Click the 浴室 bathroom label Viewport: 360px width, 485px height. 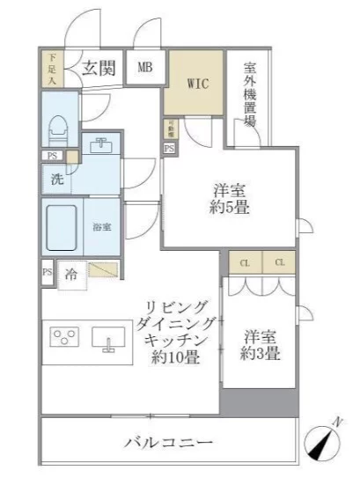102,226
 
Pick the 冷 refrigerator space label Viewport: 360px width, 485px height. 71,274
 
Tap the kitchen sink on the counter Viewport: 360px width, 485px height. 109,338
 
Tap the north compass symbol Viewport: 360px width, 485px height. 322,439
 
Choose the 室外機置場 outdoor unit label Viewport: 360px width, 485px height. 250,93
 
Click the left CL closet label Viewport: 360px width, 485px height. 244,261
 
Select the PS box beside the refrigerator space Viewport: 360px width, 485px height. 47,274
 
